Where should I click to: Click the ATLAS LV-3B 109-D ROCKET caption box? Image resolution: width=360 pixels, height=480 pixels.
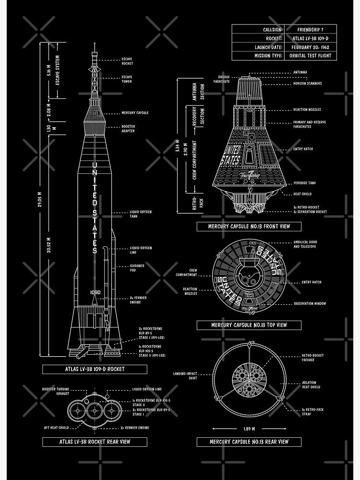[95, 369]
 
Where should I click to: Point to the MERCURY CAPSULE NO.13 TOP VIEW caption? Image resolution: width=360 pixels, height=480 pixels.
[249, 325]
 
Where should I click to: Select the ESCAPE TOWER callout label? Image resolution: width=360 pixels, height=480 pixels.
[127, 79]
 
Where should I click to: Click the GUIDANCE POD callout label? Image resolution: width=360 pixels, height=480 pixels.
[137, 268]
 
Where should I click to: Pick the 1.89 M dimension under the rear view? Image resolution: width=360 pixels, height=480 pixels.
[249, 429]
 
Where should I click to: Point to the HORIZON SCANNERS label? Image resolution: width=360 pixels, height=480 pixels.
[308, 84]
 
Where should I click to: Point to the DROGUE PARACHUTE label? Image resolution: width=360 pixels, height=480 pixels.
[224, 79]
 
